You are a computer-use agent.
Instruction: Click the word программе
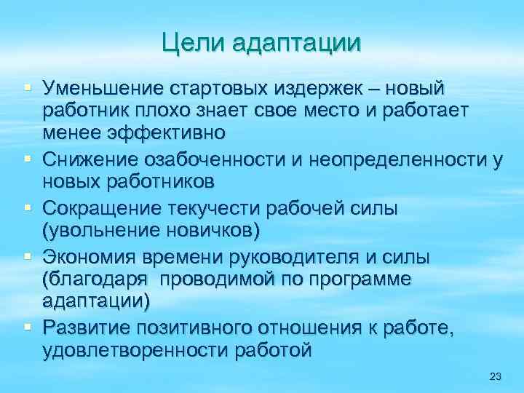(x=370, y=279)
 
